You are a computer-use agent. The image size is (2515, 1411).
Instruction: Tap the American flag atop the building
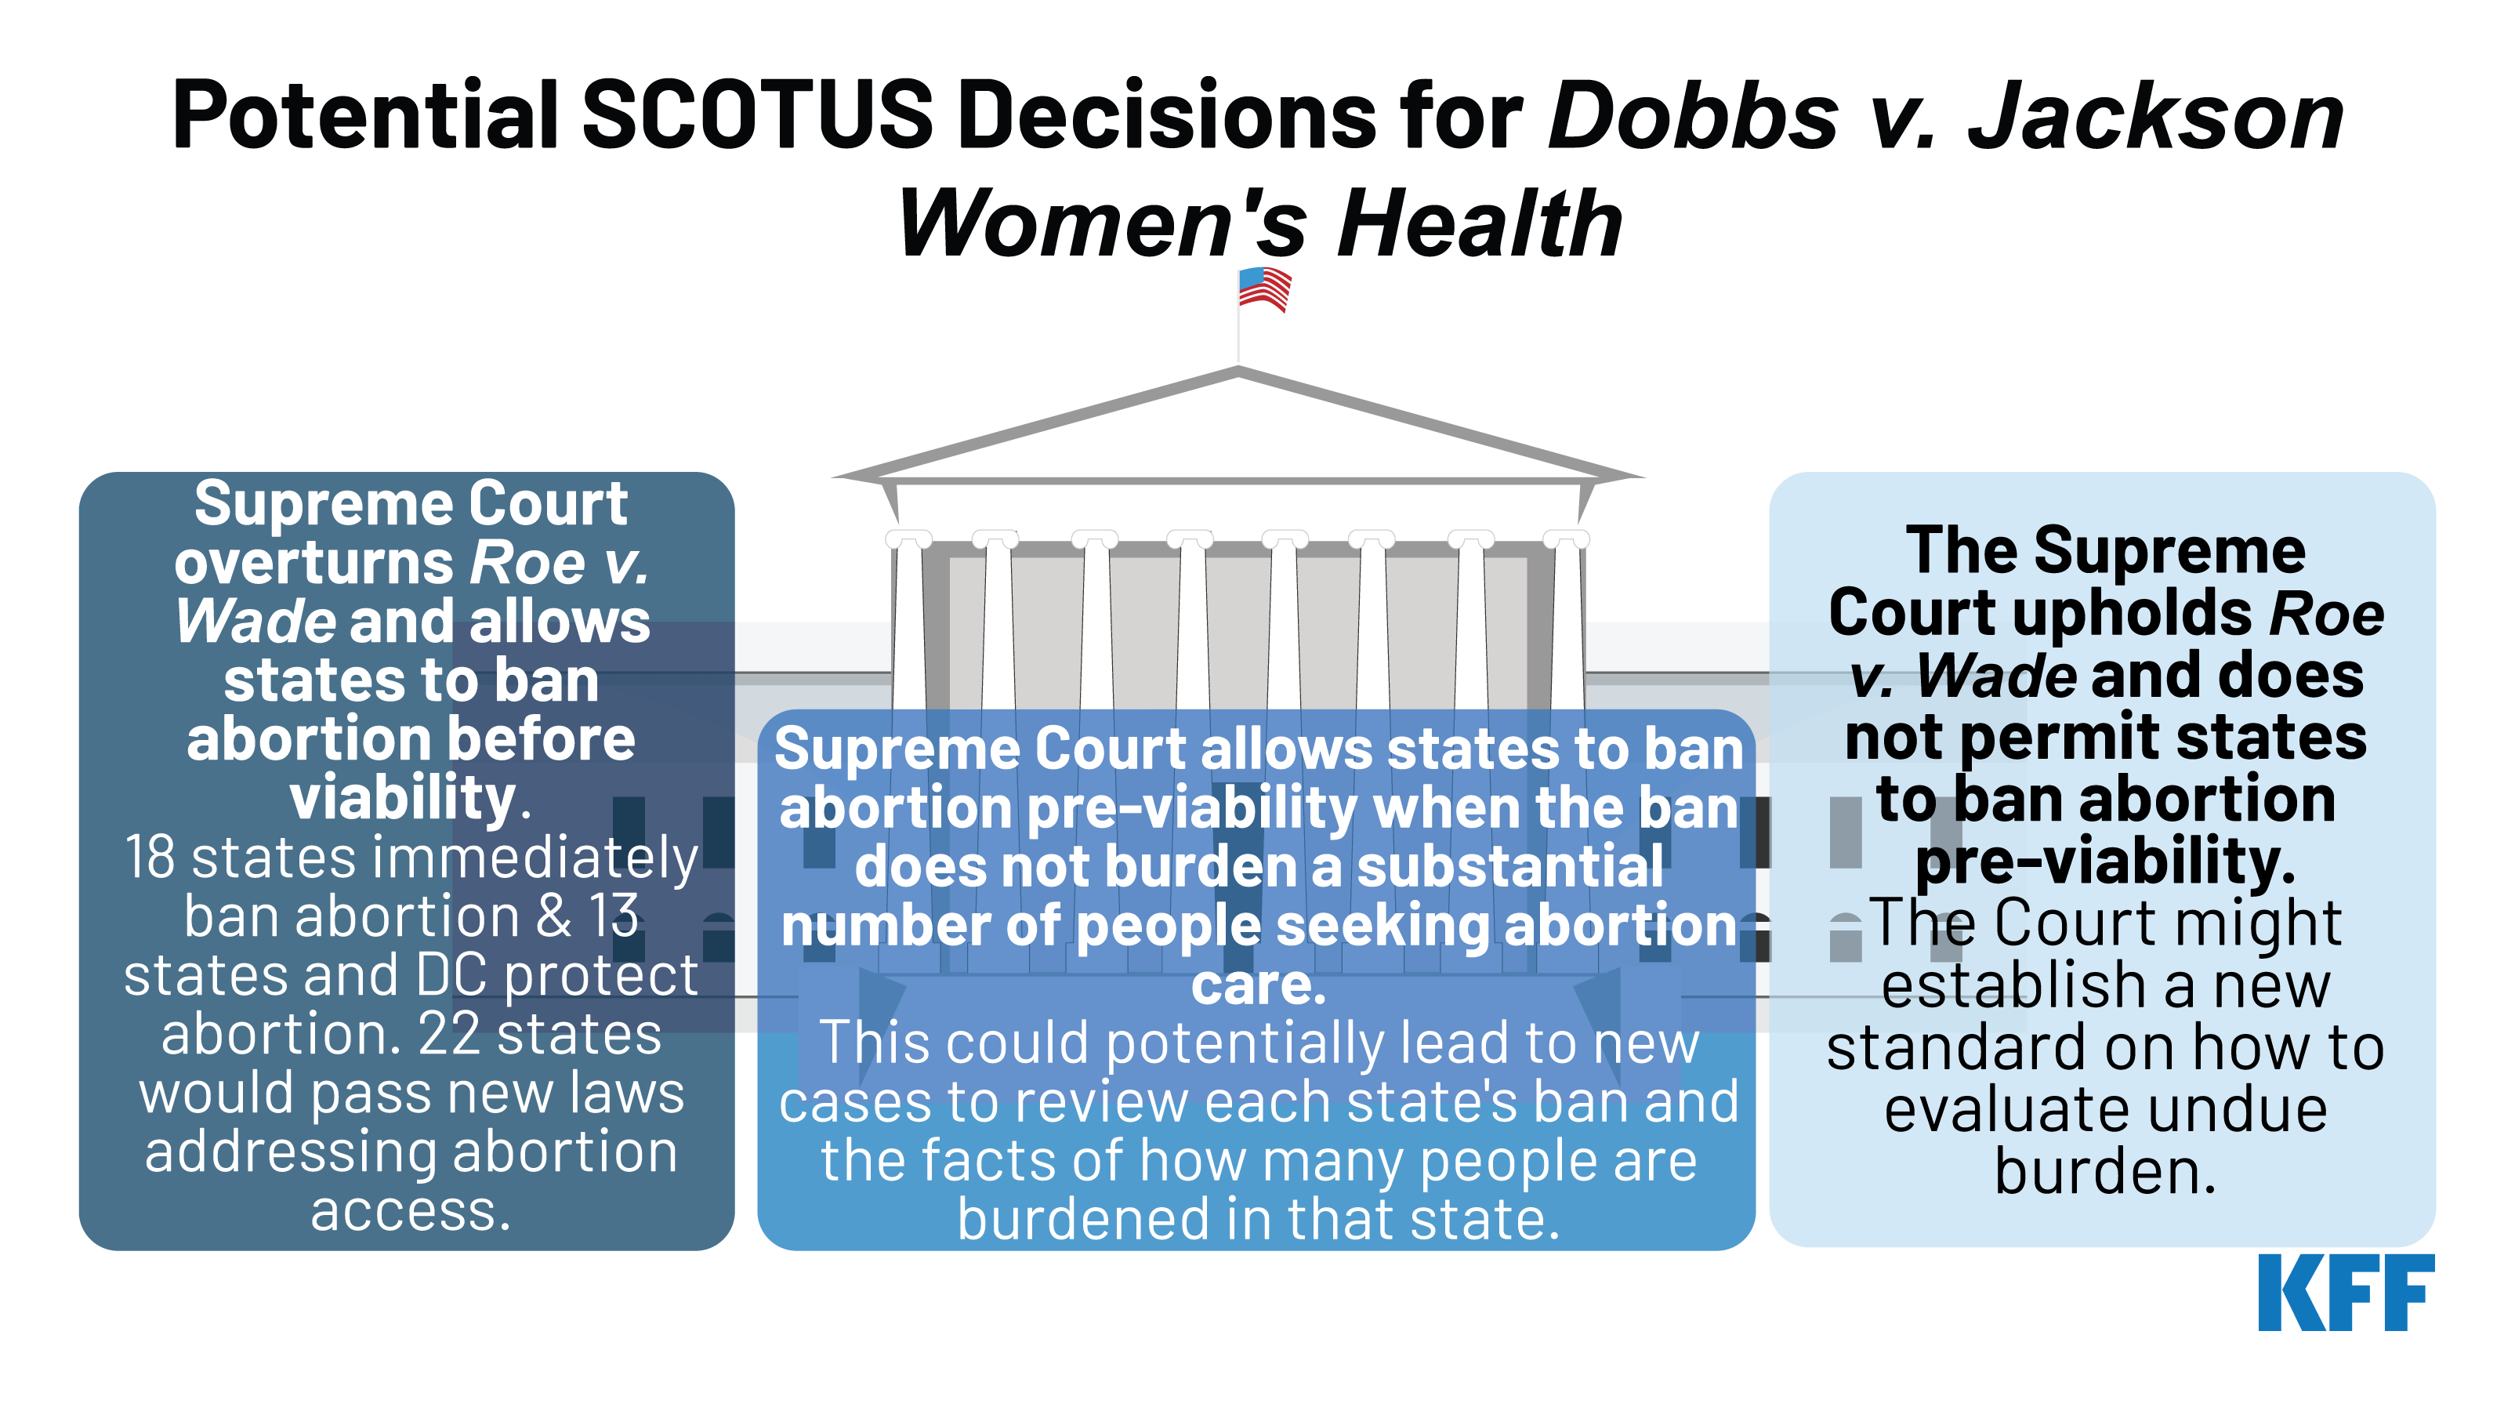click(1264, 290)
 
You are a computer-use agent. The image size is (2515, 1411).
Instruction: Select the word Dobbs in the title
click(1694, 116)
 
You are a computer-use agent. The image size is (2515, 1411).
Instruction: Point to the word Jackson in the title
click(2154, 116)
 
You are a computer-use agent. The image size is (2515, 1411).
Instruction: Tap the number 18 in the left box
click(150, 858)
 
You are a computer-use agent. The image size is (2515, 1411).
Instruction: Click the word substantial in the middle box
click(1509, 867)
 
